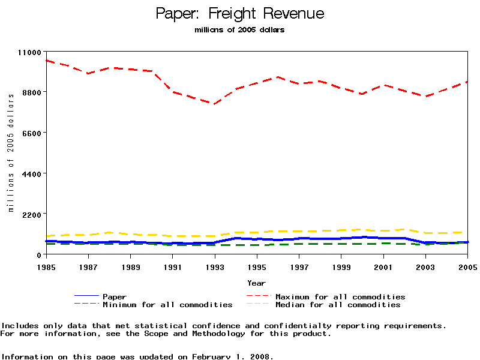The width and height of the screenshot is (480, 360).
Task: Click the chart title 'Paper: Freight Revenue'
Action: pyautogui.click(x=240, y=14)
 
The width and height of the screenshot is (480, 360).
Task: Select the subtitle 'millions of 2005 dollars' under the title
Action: pyautogui.click(x=240, y=30)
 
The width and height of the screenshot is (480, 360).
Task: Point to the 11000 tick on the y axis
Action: pyautogui.click(x=28, y=52)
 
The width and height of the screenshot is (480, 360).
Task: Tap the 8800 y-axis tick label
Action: pyautogui.click(x=31, y=92)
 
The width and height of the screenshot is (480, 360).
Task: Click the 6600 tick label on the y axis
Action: pyautogui.click(x=31, y=133)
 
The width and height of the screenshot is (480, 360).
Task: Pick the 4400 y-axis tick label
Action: pyautogui.click(x=31, y=173)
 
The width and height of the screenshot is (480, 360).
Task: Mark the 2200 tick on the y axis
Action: pyautogui.click(x=31, y=214)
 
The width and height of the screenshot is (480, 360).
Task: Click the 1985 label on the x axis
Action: pyautogui.click(x=46, y=266)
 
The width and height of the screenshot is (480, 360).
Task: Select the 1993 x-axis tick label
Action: pyautogui.click(x=215, y=266)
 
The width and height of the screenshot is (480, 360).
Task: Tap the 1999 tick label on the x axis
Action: pyautogui.click(x=341, y=266)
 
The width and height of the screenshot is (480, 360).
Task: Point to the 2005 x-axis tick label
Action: pyautogui.click(x=467, y=266)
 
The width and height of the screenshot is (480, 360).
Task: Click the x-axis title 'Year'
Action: pyautogui.click(x=256, y=283)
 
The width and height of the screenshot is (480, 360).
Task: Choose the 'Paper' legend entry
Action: pyautogui.click(x=115, y=297)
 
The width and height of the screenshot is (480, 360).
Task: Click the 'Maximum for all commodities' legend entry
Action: pyautogui.click(x=340, y=297)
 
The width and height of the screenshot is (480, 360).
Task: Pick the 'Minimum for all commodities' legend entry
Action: pyautogui.click(x=167, y=305)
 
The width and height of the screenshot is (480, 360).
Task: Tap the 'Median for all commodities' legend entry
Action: pyautogui.click(x=338, y=305)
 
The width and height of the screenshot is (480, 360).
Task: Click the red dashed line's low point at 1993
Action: pyautogui.click(x=213, y=104)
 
